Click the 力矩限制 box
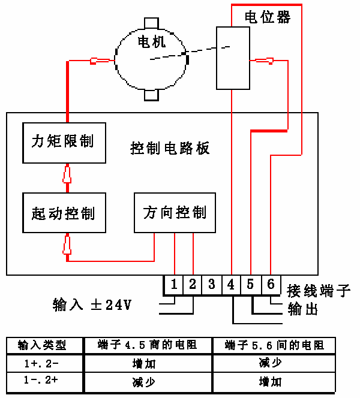[x=64, y=143]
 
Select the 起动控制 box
[x=64, y=213]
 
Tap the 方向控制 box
[x=175, y=213]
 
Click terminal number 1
[x=174, y=285]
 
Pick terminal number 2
[x=193, y=285]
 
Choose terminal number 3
[x=212, y=285]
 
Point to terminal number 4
[x=231, y=285]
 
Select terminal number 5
[x=251, y=285]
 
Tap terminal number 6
[x=271, y=285]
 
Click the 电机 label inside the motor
[x=152, y=42]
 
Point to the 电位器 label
[x=268, y=17]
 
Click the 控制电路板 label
[x=170, y=148]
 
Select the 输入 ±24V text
[x=92, y=304]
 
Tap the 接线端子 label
[x=319, y=291]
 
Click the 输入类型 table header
[x=42, y=345]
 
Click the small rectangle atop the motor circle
[x=151, y=23]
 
